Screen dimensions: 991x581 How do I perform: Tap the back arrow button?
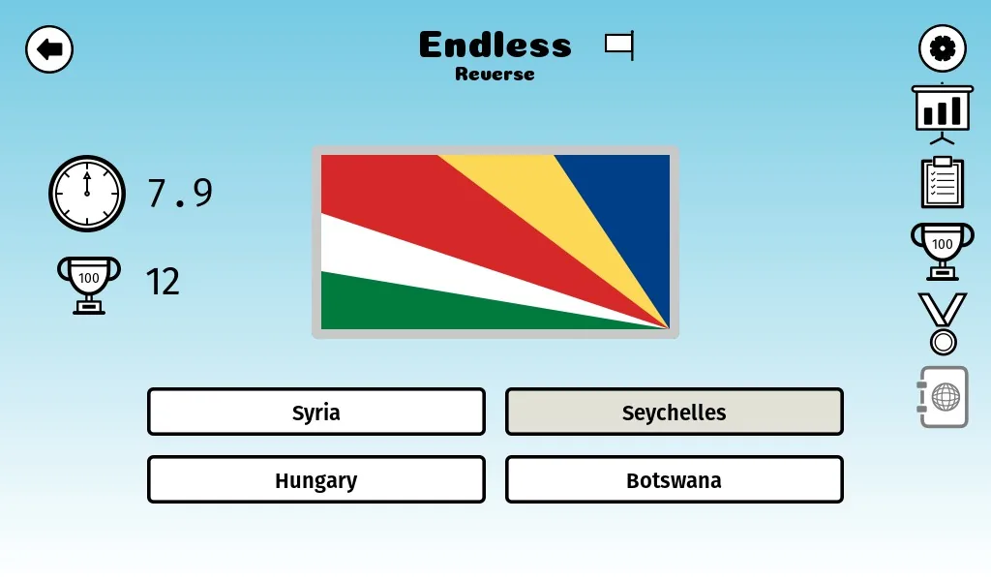coord(49,49)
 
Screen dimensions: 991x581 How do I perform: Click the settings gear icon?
coord(942,48)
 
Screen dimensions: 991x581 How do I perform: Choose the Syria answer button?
coord(316,412)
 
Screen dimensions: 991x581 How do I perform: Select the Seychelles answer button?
coord(675,412)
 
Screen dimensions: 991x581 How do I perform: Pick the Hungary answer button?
coord(316,479)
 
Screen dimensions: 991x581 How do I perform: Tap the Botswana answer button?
coord(675,479)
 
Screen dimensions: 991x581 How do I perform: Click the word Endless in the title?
coord(495,45)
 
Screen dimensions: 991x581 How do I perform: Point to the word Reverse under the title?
coord(495,74)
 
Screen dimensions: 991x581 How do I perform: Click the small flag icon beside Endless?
coord(619,46)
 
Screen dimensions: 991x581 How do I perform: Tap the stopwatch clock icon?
coord(87,194)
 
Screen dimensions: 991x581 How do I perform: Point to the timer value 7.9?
coord(180,193)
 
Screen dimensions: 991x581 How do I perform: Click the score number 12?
coord(163,282)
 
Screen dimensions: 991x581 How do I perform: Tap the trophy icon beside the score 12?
coord(88,285)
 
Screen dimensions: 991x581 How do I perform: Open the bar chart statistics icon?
coord(943,114)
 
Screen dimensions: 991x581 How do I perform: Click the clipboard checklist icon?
coord(943,182)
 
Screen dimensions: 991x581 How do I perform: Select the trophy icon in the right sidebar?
coord(943,251)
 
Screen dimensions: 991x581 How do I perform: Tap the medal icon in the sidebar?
coord(943,323)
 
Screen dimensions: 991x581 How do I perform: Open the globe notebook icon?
coord(943,397)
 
